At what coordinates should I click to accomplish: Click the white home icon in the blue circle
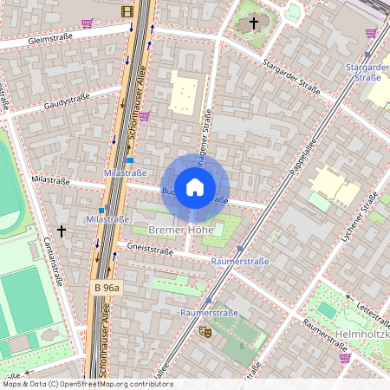(195, 187)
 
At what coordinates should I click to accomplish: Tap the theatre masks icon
(205, 331)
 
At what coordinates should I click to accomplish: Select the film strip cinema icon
(128, 11)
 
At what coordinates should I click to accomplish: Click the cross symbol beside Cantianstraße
(61, 231)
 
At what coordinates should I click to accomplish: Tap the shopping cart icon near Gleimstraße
(87, 23)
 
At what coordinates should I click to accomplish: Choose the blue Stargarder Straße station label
(367, 72)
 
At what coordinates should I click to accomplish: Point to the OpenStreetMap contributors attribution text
(87, 384)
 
